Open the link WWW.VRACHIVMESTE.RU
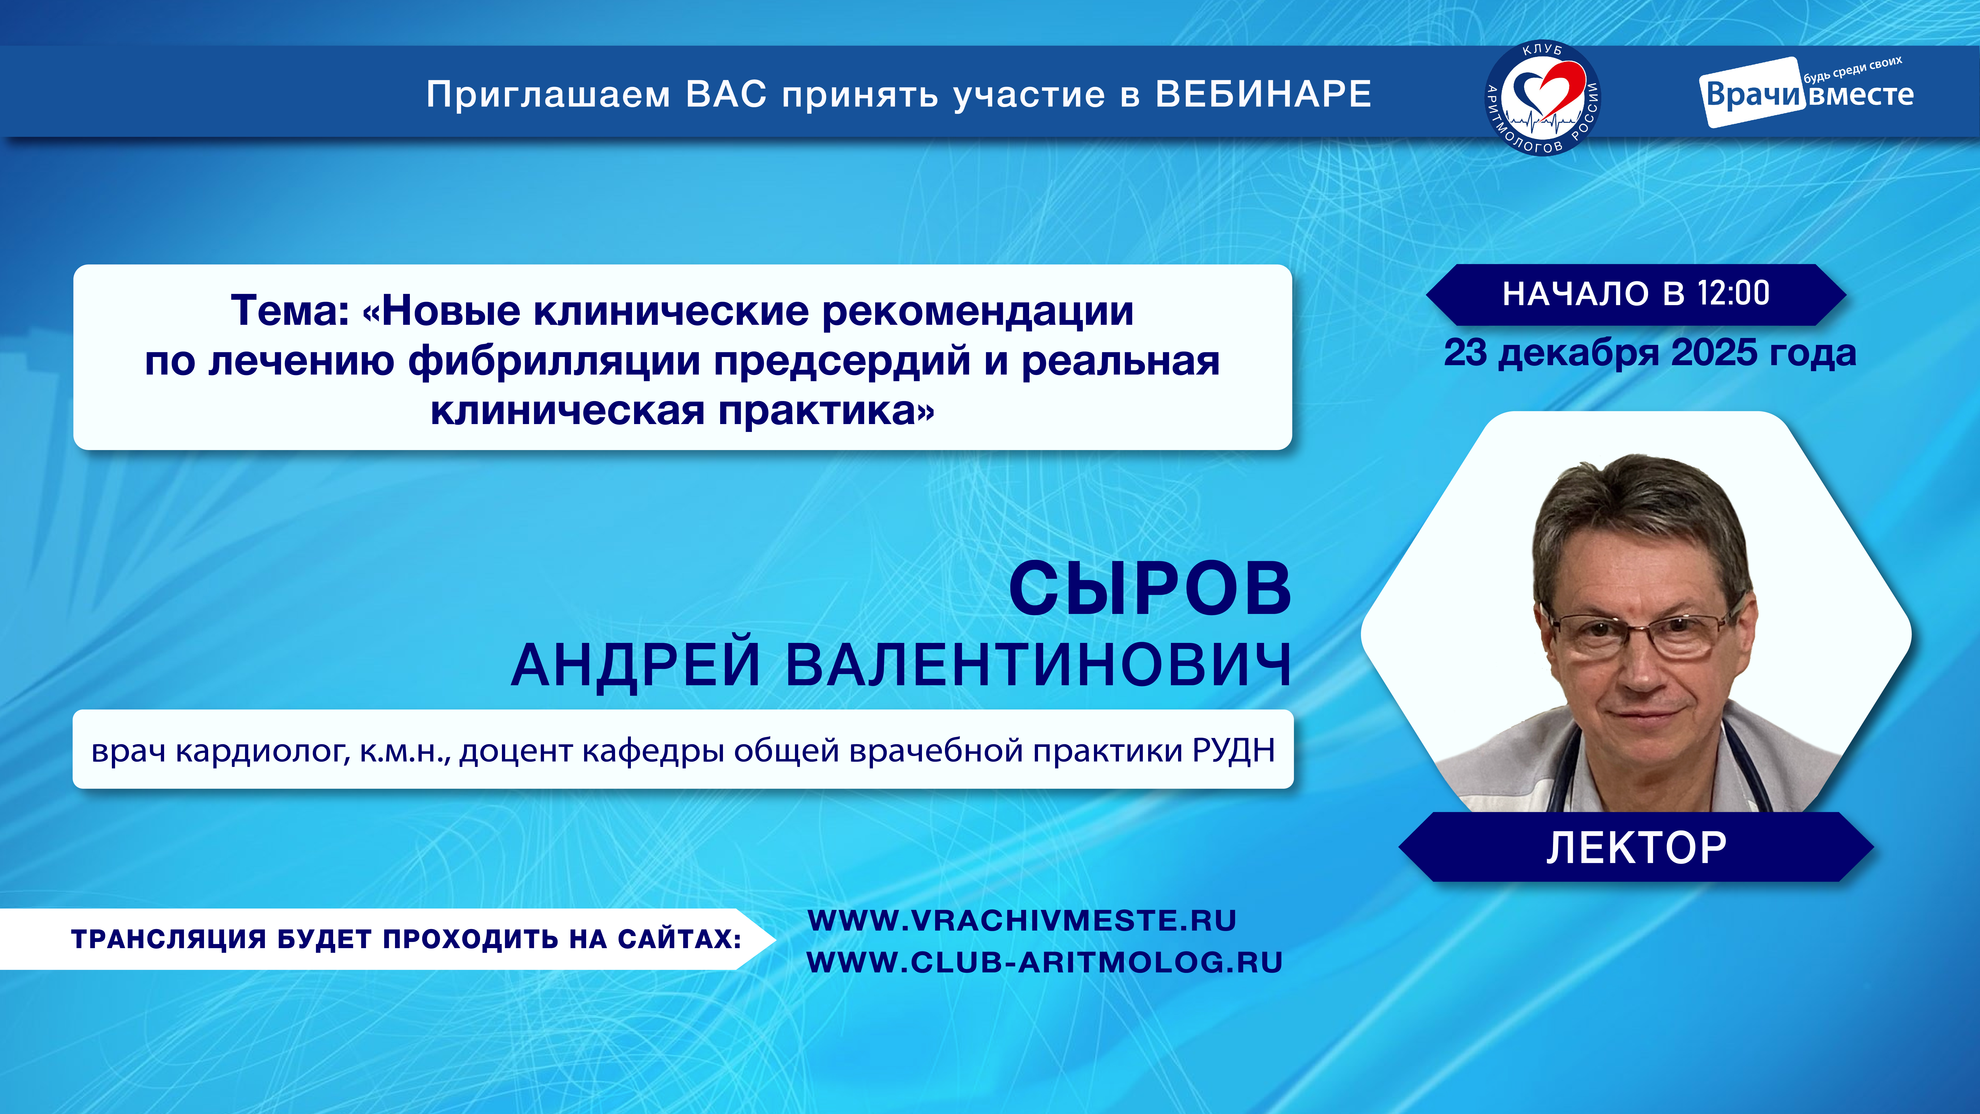[x=1022, y=920]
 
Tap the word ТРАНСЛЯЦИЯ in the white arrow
[x=168, y=939]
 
